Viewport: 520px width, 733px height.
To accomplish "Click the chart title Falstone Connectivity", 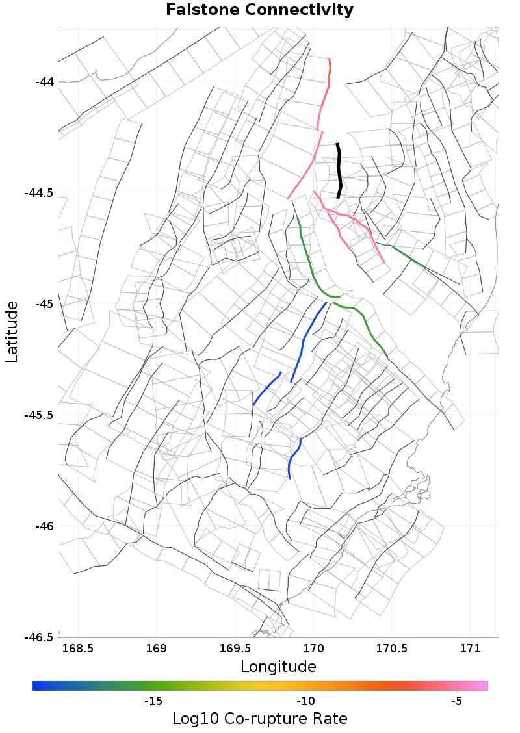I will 260,10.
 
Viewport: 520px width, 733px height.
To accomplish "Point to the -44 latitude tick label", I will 44,82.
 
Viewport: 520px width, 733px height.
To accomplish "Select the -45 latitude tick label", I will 44,304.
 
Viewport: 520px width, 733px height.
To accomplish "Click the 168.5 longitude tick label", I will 78,649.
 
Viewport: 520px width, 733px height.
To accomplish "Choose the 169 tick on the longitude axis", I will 157,649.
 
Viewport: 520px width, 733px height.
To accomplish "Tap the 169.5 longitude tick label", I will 235,649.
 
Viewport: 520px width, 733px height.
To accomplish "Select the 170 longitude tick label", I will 313,649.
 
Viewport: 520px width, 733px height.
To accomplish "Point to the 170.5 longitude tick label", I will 392,649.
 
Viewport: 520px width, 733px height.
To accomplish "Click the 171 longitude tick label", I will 470,649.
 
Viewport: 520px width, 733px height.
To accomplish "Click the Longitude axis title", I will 278,667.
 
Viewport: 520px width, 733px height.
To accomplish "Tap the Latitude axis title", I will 12,331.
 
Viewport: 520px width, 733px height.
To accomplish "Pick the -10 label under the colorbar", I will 305,701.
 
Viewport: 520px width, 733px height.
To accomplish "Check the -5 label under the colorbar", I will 456,701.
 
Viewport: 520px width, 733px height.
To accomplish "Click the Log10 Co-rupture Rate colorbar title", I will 260,719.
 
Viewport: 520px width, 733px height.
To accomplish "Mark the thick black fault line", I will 339,170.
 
